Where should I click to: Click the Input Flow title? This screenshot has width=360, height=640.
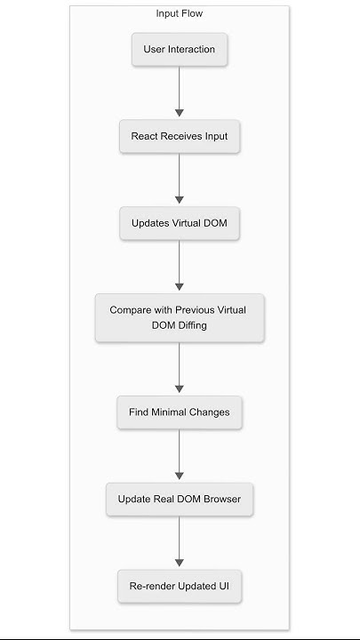point(180,13)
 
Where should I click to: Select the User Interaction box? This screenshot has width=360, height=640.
point(180,49)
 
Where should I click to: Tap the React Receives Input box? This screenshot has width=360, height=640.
point(180,136)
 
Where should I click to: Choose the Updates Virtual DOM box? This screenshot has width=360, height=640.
point(180,223)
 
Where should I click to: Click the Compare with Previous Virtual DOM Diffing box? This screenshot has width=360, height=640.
point(180,318)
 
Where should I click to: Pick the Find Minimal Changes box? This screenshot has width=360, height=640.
point(180,412)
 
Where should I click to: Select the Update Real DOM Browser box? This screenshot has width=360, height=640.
point(180,499)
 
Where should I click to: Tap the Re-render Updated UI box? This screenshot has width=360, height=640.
point(180,586)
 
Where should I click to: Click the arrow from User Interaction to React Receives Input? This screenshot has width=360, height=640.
point(180,92)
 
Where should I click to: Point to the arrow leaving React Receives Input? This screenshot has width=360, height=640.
point(180,179)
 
